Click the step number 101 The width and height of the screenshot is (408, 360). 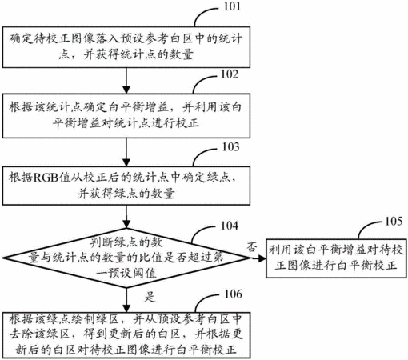pos(232,6)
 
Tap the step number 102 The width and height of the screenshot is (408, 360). pos(230,74)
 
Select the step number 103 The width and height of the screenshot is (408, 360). pos(231,147)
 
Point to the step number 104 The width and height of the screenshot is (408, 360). pos(230,226)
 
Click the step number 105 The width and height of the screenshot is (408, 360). pos(394,221)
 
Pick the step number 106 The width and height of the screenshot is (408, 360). pos(234,294)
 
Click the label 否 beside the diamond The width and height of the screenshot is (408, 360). pos(252,247)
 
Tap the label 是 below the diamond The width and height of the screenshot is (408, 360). pos(150,297)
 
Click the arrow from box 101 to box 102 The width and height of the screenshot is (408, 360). pos(126,81)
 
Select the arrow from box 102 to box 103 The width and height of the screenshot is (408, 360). pos(126,152)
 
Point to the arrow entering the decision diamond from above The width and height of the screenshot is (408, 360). pos(126,217)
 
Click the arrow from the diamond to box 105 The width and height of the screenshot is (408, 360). pos(258,258)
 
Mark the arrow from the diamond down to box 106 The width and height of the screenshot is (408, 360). pos(126,300)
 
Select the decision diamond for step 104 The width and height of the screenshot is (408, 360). pos(126,258)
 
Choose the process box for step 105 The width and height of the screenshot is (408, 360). pos(336,258)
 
